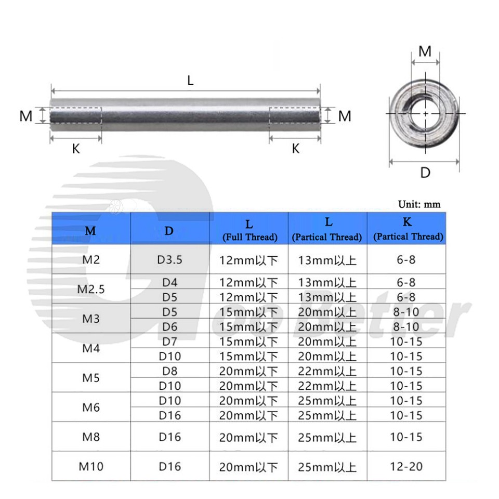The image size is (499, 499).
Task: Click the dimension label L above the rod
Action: pyautogui.click(x=191, y=81)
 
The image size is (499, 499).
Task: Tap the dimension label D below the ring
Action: pyautogui.click(x=425, y=173)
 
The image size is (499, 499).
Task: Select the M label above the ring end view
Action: pyautogui.click(x=425, y=51)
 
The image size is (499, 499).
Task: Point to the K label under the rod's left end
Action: pyautogui.click(x=76, y=149)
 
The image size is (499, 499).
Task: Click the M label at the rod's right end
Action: pyautogui.click(x=345, y=116)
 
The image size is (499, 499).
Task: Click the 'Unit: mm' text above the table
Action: pyautogui.click(x=419, y=204)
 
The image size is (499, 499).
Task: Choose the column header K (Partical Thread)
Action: pyautogui.click(x=408, y=229)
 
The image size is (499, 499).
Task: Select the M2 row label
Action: pyautogui.click(x=91, y=259)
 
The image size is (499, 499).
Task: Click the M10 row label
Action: pyautogui.click(x=91, y=466)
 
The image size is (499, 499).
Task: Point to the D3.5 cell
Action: pyautogui.click(x=169, y=259)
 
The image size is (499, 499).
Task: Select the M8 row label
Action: pyautogui.click(x=91, y=437)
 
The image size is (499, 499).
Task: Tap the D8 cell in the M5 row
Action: pyautogui.click(x=169, y=371)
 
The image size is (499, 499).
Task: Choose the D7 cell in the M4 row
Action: pyautogui.click(x=169, y=342)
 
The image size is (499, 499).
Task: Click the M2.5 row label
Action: pyautogui.click(x=91, y=290)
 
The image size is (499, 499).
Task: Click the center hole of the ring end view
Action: pyautogui.click(x=426, y=113)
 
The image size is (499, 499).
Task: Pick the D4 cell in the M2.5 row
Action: pyautogui.click(x=169, y=282)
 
